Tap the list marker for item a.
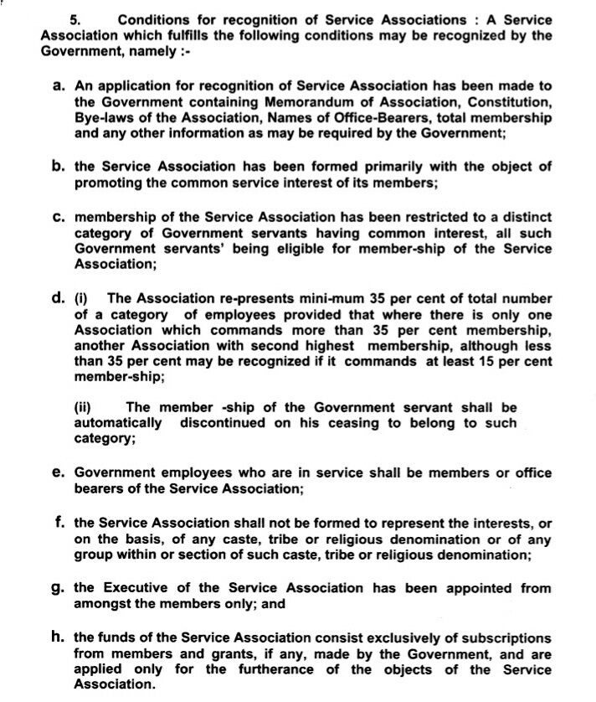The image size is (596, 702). [x=59, y=85]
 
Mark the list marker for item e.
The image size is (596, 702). [x=59, y=472]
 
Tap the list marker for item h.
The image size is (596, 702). [x=59, y=637]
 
